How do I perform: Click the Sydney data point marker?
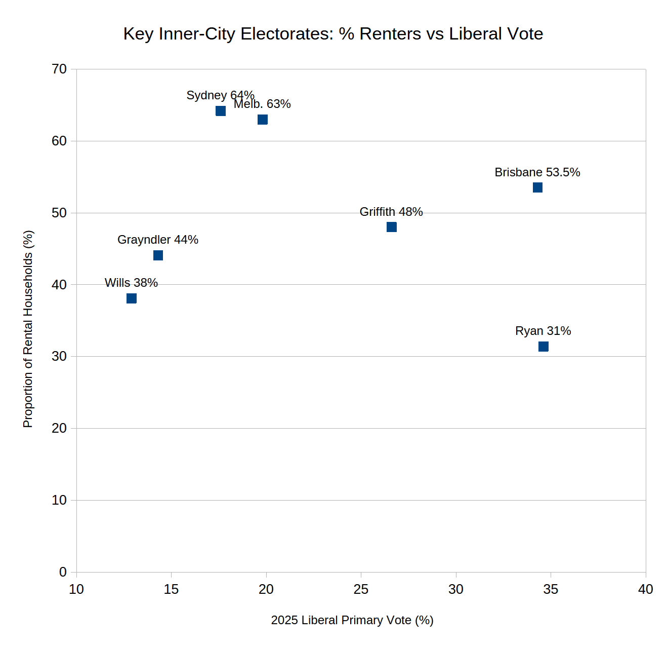(x=221, y=111)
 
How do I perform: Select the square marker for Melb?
(x=262, y=120)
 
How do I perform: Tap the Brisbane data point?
(x=537, y=187)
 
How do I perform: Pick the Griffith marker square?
(x=391, y=227)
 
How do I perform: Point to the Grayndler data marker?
(x=158, y=255)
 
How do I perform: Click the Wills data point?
(x=132, y=298)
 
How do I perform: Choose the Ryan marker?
(x=543, y=347)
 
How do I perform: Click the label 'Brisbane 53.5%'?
(x=537, y=172)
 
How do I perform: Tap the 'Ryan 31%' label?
(x=543, y=331)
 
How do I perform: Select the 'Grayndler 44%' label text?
(x=158, y=240)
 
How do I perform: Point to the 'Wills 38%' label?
(x=131, y=283)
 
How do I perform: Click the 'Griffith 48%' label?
(x=391, y=212)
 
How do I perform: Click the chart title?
(x=333, y=34)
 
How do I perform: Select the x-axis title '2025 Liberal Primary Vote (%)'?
(x=352, y=620)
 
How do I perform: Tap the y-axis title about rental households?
(x=28, y=329)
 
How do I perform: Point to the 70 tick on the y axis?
(x=59, y=69)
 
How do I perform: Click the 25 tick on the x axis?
(x=361, y=589)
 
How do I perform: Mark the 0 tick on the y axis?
(x=63, y=572)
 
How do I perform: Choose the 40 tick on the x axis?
(x=645, y=589)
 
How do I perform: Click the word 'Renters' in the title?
(x=390, y=34)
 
